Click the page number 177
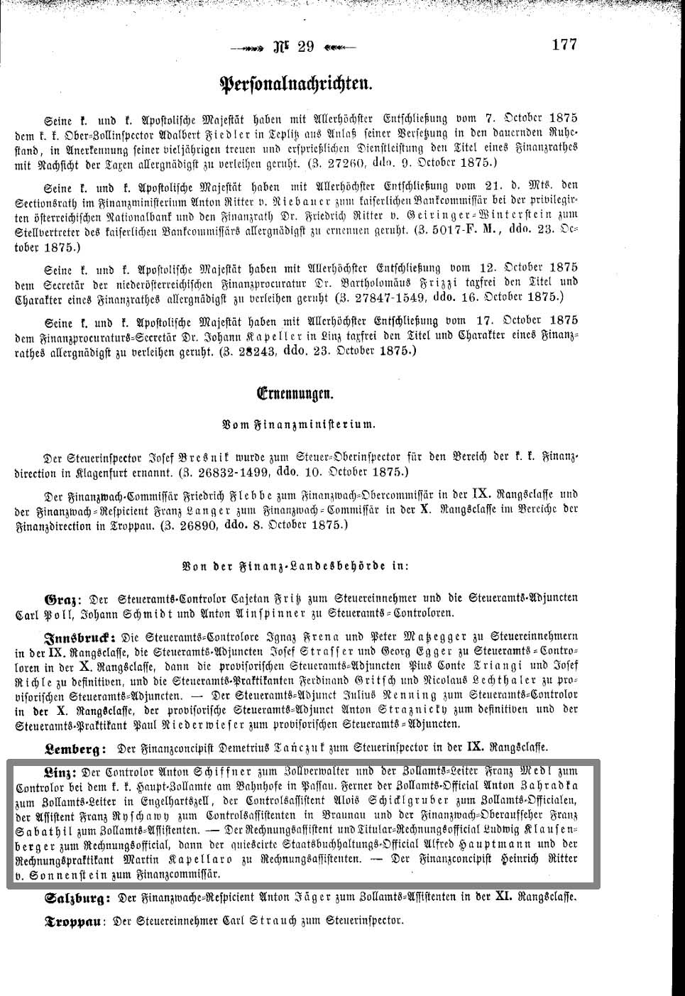coord(564,44)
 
